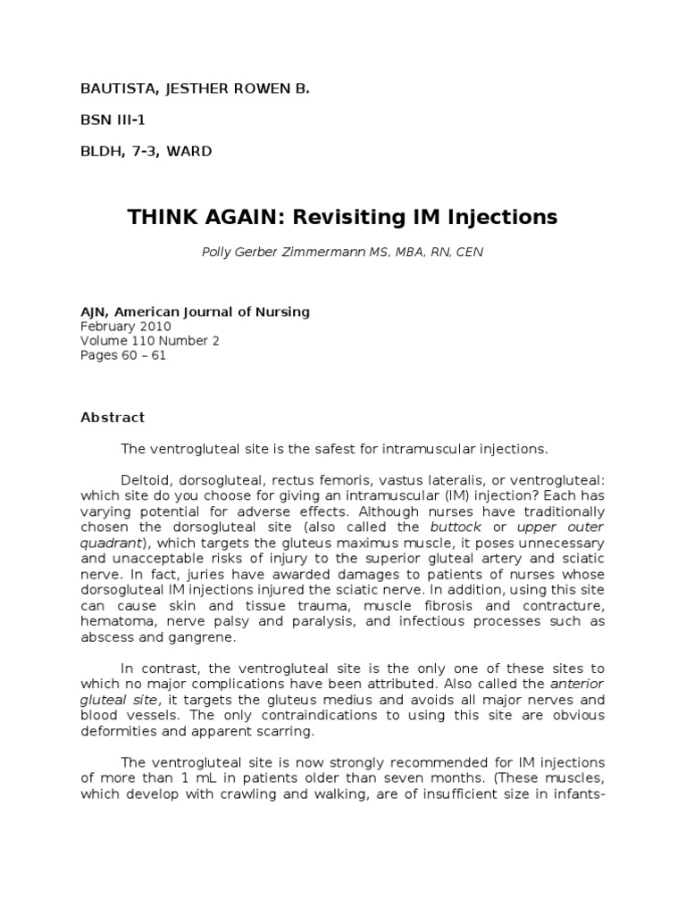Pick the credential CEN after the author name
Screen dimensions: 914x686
pos(468,253)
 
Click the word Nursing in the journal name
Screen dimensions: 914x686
pos(280,312)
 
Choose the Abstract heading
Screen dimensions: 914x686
pos(113,417)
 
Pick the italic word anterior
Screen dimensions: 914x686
pos(577,685)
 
